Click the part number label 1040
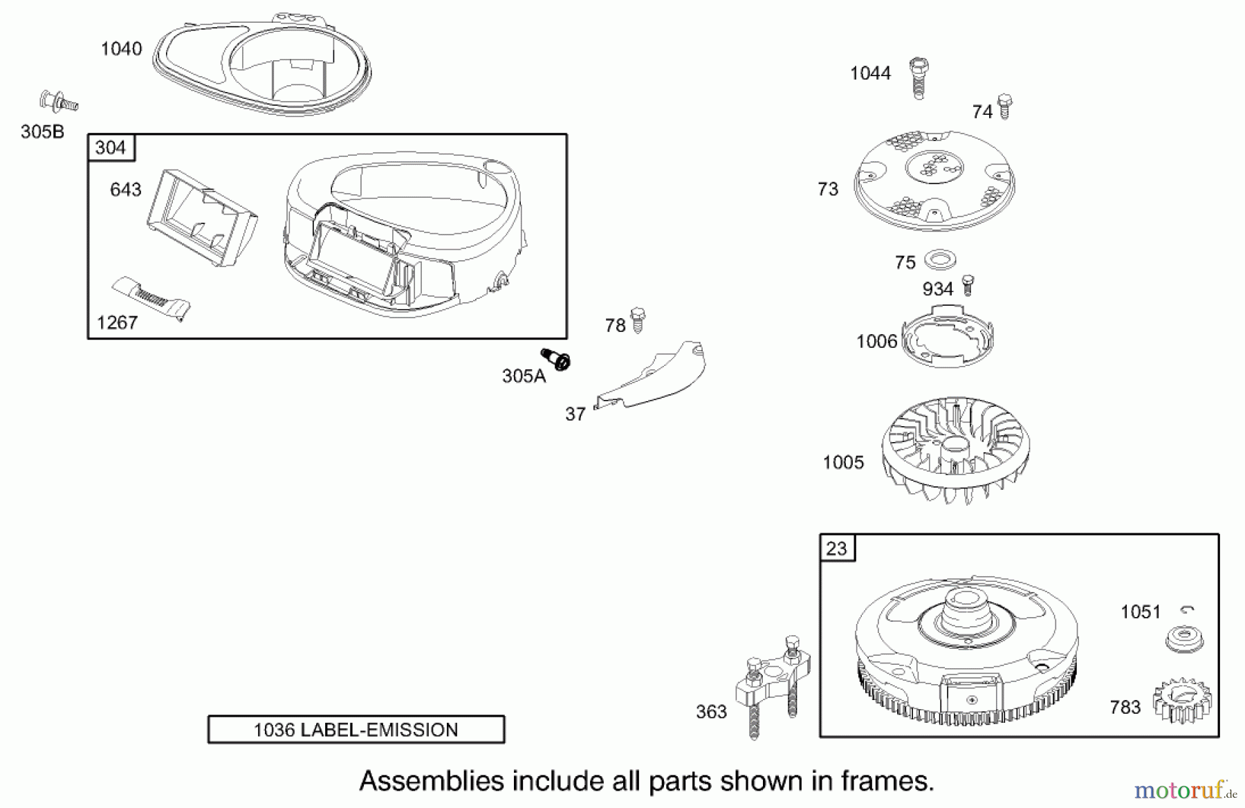(x=121, y=48)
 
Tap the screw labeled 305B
(x=58, y=102)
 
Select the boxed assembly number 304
(x=111, y=147)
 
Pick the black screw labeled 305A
(x=555, y=359)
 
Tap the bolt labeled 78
(x=638, y=320)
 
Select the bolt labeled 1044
(x=919, y=77)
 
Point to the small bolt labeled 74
(x=1005, y=106)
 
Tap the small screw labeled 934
(x=968, y=285)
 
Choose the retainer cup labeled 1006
(x=948, y=340)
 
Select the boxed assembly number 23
(x=837, y=549)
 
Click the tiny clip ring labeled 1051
(x=1188, y=609)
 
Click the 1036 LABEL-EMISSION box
(x=356, y=729)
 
